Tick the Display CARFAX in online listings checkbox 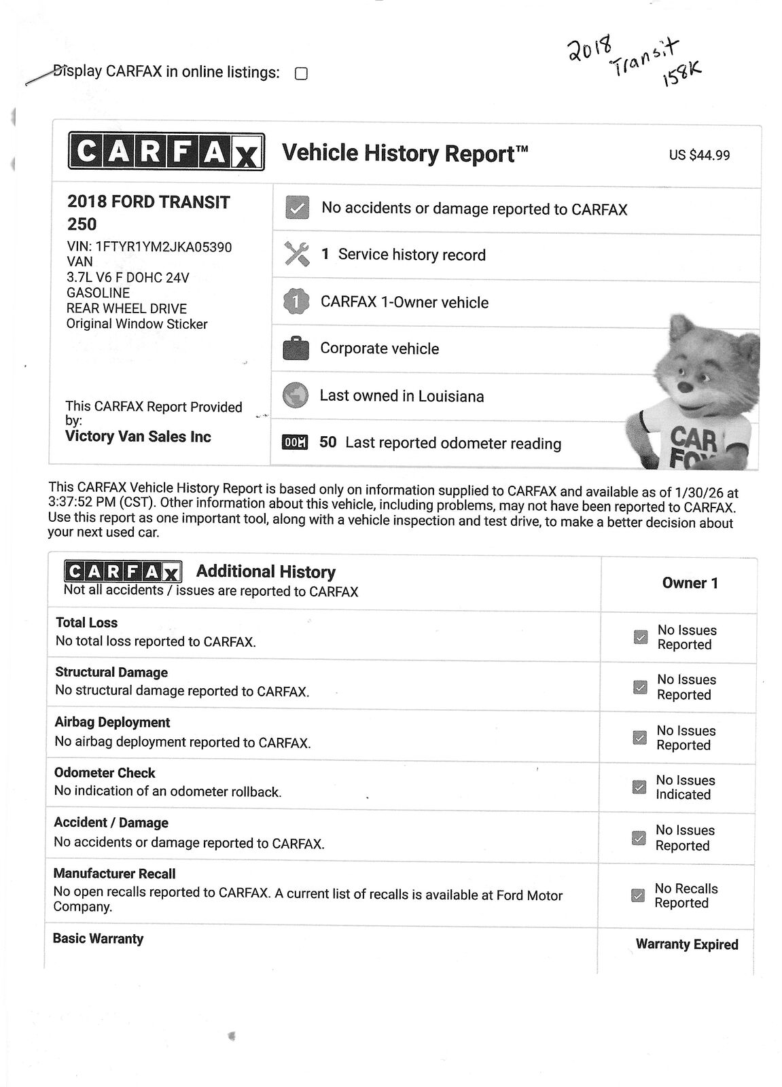pos(301,73)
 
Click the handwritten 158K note pos(681,76)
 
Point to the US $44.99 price pos(699,156)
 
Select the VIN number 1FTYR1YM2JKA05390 pos(164,247)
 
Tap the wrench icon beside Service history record pos(296,254)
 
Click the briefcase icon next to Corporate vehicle pos(296,349)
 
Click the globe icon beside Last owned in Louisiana pos(296,395)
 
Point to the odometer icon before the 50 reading pos(295,443)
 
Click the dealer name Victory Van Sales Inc pos(138,437)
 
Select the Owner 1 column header pos(690,583)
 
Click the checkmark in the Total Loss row pos(640,637)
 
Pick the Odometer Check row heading pos(105,773)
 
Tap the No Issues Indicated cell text pos(685,787)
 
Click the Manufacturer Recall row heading pos(114,874)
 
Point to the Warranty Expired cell pos(687,944)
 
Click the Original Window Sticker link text pos(137,324)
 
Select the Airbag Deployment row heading pos(112,722)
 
